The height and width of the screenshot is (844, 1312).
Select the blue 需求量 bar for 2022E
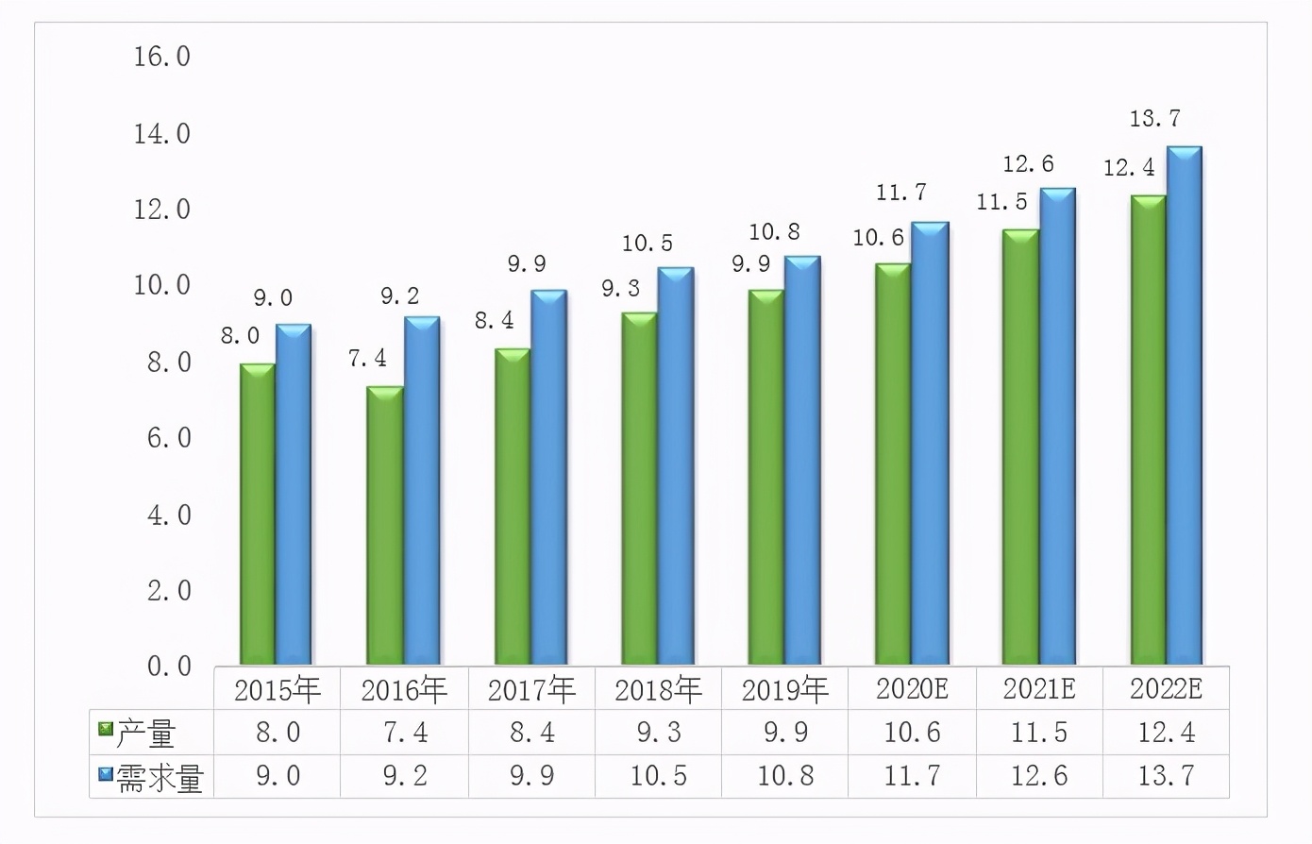tap(1184, 406)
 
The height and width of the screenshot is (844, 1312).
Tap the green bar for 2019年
tap(766, 477)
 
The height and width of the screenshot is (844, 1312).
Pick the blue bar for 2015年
tap(294, 495)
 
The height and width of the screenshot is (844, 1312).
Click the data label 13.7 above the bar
tap(1154, 119)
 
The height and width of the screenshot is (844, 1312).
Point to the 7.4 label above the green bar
tap(367, 359)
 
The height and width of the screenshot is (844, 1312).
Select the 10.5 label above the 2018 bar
tap(647, 244)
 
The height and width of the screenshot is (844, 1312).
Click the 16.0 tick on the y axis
tap(161, 57)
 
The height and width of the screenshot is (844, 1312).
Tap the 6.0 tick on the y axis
tap(168, 438)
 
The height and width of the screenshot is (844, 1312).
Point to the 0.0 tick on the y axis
tap(168, 667)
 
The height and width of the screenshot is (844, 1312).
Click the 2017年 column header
tap(531, 690)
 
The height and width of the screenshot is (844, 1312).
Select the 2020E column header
tap(912, 689)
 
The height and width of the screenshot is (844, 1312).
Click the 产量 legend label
tap(145, 734)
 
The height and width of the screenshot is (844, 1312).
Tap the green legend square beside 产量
tap(106, 730)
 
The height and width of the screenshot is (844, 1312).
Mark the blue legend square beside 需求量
tap(106, 775)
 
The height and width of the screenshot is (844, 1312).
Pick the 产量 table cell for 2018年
tap(658, 733)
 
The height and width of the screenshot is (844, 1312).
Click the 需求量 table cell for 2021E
tap(1038, 776)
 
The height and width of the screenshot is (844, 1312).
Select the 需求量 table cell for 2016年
tap(404, 776)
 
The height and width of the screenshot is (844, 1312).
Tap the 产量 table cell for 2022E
tap(1166, 733)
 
